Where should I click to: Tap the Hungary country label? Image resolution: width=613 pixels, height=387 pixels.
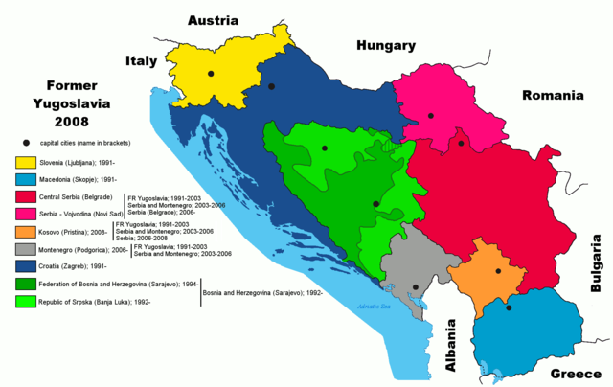[386, 45]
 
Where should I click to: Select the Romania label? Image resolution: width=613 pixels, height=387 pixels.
[553, 96]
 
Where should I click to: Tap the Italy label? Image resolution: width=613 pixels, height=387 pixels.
[142, 61]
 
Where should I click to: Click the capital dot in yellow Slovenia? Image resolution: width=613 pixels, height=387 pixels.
[211, 73]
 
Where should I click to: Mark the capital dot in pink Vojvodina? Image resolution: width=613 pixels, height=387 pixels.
[431, 115]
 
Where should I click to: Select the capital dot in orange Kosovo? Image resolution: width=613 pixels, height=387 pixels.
[499, 272]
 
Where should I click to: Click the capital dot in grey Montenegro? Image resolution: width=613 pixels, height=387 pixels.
[415, 287]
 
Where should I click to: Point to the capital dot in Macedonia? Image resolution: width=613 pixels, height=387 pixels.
[509, 307]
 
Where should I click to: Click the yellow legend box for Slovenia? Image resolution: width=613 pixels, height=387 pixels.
[22, 161]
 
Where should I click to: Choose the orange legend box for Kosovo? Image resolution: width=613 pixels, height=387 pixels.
[22, 233]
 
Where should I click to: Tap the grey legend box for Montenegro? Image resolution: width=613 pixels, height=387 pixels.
[22, 249]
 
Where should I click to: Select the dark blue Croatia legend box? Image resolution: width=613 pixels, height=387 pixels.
[22, 266]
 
